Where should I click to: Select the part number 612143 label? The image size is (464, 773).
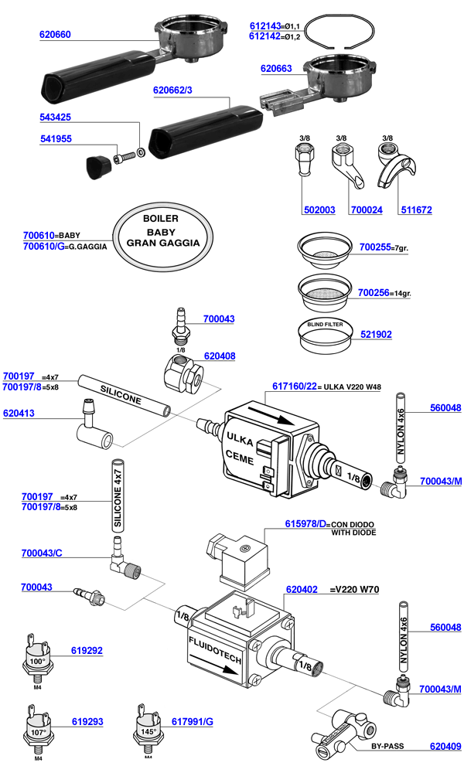pos(264,25)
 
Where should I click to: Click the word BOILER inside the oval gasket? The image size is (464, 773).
pos(161,219)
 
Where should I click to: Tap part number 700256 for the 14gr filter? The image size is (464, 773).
pos(374,292)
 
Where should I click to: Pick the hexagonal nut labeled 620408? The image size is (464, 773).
pos(185,377)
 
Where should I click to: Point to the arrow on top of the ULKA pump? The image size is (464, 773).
pos(271,418)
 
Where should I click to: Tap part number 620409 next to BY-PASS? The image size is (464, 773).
pos(445,747)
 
